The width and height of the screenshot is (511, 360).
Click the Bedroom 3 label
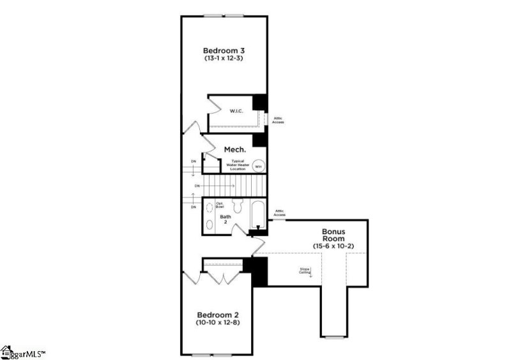click(x=223, y=50)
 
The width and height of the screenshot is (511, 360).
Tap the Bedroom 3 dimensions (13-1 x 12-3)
click(x=223, y=58)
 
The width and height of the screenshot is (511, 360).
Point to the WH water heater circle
click(x=258, y=166)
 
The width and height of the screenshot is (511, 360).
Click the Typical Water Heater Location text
click(x=238, y=165)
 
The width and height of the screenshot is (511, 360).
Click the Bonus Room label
click(x=333, y=234)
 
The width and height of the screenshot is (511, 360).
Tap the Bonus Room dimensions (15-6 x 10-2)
click(x=333, y=246)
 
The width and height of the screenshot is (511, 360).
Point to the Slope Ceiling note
click(x=305, y=271)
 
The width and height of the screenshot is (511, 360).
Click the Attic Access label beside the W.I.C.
click(x=278, y=119)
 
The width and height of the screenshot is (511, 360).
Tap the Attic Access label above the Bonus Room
click(x=279, y=213)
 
